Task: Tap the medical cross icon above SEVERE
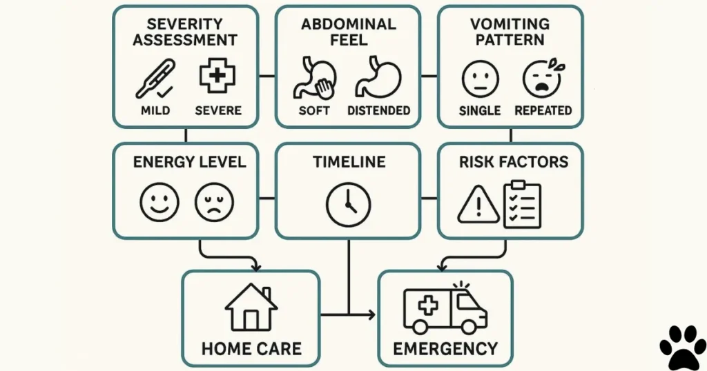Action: point(217,77)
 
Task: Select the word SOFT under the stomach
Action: point(314,110)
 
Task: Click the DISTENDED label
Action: point(378,110)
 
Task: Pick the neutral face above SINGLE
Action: point(480,78)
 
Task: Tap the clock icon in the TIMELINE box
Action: point(348,203)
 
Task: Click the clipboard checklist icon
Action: point(523,203)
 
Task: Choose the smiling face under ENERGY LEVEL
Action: point(159,202)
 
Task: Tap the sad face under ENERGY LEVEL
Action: point(215,202)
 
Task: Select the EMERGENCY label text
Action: point(445,348)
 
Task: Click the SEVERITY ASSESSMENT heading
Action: point(185,32)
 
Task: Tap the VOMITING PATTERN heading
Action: point(510,32)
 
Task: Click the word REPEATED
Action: point(543,110)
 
